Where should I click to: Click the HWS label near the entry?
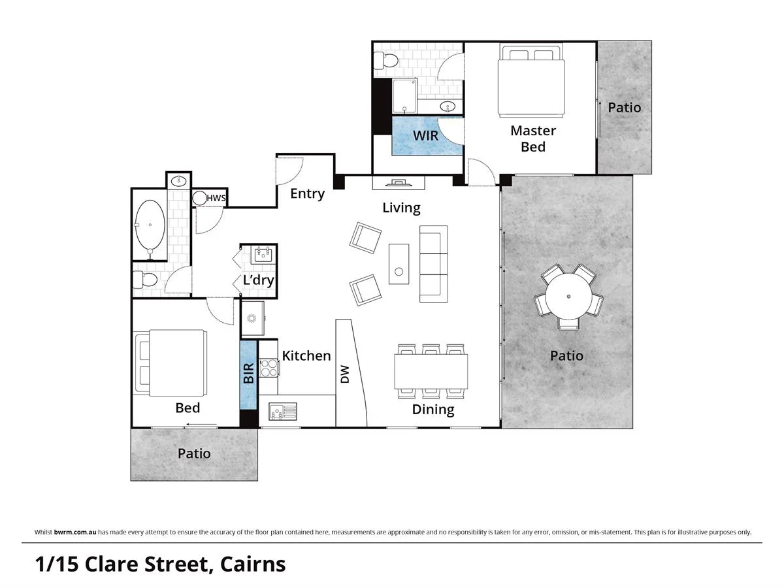[x=216, y=198]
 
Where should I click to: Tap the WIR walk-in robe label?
[x=425, y=136]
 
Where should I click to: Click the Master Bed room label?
[x=532, y=139]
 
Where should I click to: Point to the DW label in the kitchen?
[x=345, y=374]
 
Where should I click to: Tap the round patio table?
[x=568, y=296]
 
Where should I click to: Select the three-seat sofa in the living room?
[x=433, y=264]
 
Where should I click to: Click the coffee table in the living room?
[x=399, y=264]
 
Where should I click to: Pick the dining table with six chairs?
[x=431, y=371]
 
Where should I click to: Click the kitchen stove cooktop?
[x=269, y=368]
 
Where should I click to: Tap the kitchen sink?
[x=282, y=412]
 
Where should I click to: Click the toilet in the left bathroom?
[x=145, y=281]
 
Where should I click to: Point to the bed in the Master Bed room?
[x=531, y=80]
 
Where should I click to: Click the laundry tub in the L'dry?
[x=263, y=254]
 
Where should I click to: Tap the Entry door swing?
[x=290, y=171]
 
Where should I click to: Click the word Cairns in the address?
[x=253, y=563]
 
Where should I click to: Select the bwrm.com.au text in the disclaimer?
[x=75, y=532]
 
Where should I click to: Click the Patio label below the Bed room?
[x=194, y=453]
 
